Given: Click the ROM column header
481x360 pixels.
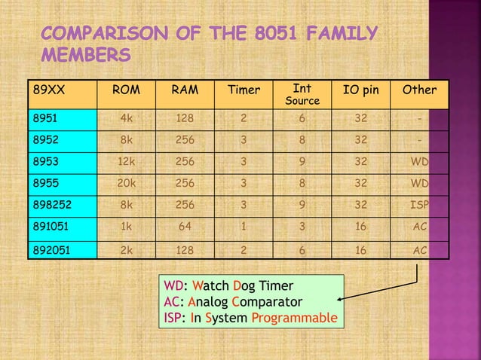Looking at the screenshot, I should (125, 91).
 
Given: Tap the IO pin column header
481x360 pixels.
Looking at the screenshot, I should (361, 91).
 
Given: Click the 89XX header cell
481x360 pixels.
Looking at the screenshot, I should (47, 91).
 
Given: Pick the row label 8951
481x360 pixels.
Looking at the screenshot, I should (42, 119).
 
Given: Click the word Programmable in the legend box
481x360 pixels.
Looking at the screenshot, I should (294, 319).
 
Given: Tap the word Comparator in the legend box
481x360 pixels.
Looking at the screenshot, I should (267, 302).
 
